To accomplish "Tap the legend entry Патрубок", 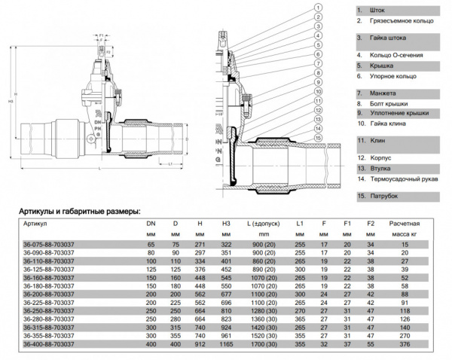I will point(384,197).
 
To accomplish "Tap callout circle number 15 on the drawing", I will point(319,139).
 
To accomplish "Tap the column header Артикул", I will point(35,224).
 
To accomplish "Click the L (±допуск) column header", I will point(259,224).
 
